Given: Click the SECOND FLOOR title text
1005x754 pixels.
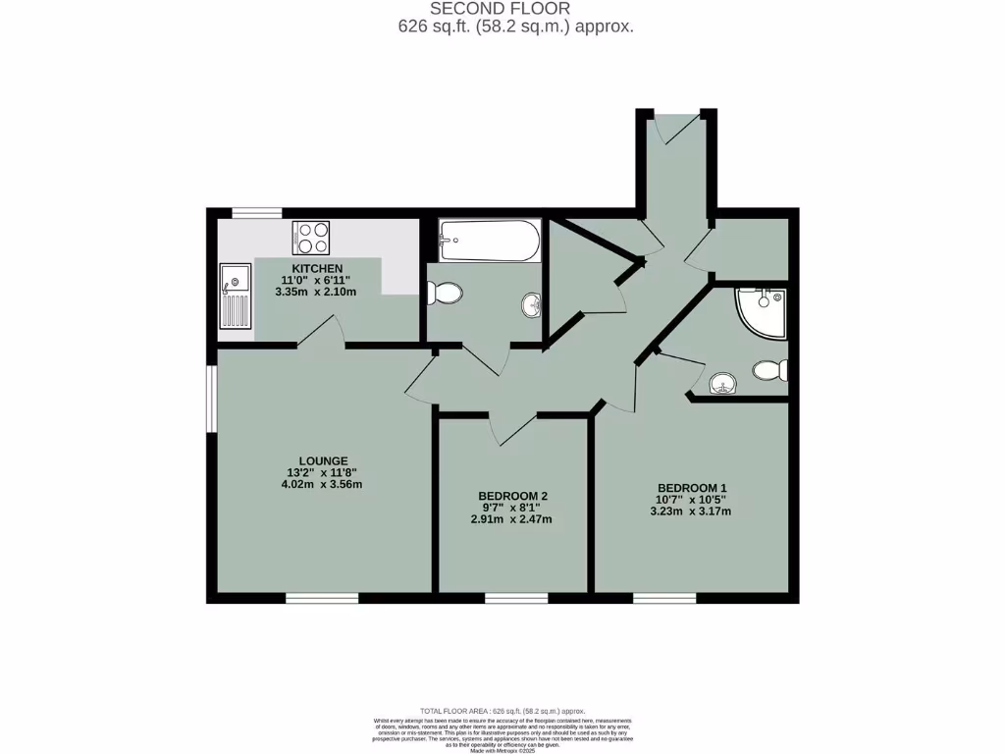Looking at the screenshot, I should pos(501,9).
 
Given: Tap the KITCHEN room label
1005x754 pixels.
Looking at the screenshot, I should pos(317,268).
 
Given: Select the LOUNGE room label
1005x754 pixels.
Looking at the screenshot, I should pos(324,459).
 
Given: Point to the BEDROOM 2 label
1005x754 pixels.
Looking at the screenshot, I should pos(512,495).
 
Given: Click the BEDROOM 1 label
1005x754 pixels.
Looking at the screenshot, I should pos(691,487).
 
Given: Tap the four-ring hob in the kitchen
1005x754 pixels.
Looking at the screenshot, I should pos(311,237).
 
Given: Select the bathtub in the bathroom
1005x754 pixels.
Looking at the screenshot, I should pos(490,240).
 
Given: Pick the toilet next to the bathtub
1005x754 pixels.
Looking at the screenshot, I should pos(447,292).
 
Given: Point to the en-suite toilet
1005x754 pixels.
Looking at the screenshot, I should pos(770,371).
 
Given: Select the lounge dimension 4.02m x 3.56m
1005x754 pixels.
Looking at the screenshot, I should pos(324,484).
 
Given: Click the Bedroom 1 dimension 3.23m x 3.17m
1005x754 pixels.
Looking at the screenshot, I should pos(691,511).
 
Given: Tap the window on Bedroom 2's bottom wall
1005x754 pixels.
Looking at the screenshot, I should pos(516,598).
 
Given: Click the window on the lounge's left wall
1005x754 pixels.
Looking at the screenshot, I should pos(211,399).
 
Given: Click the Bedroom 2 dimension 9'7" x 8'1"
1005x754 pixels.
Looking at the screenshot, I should pos(512,508).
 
